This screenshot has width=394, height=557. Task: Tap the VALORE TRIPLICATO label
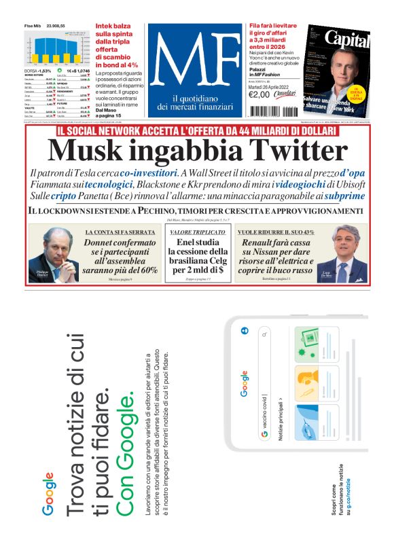pyautogui.click(x=198, y=232)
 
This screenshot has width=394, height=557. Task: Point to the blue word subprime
pyautogui.click(x=344, y=196)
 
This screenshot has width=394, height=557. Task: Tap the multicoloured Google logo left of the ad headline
pyautogui.click(x=49, y=484)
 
